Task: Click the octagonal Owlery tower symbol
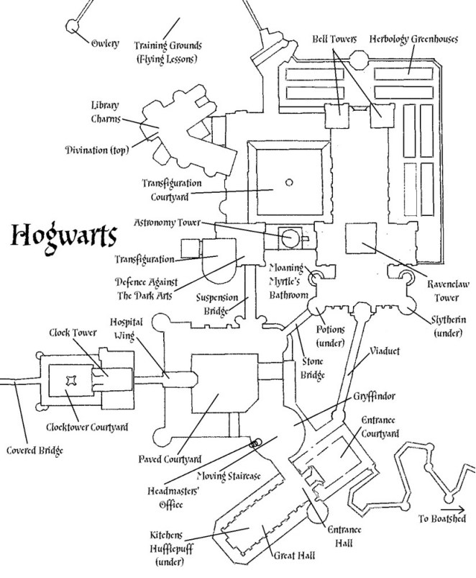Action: pos(73,26)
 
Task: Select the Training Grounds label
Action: pos(166,51)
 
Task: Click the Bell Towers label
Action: pos(334,38)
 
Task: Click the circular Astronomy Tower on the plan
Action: pos(290,236)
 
